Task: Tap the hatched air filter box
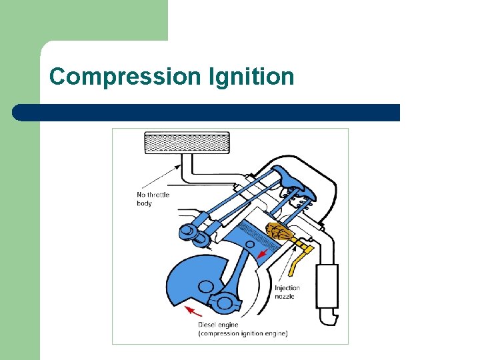pos(187,143)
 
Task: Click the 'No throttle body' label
pos(153,199)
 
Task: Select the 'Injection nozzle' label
pos(287,292)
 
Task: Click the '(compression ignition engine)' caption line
pos(243,333)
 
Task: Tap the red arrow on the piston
pos(264,254)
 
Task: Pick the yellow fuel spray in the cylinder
pos(279,233)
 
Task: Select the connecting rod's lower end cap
pos(226,303)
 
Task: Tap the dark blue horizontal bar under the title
pos(207,112)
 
